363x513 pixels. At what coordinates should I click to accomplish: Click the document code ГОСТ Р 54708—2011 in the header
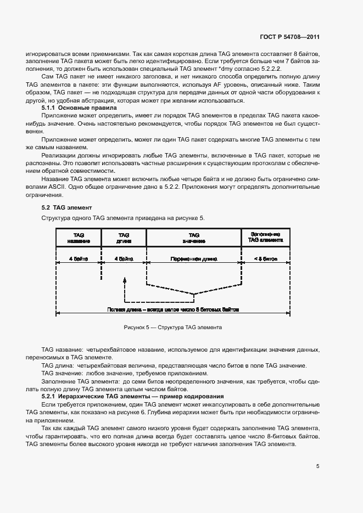[289, 37]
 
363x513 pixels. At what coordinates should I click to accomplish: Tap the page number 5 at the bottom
[317, 466]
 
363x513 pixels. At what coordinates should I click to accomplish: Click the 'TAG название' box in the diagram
[78, 237]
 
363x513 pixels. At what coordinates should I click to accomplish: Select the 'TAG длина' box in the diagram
[124, 237]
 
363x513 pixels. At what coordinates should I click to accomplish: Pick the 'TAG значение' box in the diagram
[194, 237]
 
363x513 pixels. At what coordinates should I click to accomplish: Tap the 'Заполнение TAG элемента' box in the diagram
[265, 237]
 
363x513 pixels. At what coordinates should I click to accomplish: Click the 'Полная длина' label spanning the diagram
[173, 309]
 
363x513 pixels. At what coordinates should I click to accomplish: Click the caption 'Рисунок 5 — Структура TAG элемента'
[173, 328]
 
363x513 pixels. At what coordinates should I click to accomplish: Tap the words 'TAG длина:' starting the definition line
[57, 366]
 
